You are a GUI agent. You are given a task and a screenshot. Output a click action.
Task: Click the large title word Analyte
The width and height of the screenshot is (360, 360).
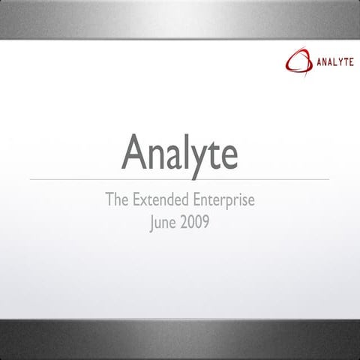(x=180, y=151)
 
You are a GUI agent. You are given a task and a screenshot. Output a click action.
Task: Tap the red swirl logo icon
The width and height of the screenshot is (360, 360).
(x=298, y=59)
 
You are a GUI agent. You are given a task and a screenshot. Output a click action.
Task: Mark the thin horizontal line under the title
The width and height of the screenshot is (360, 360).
(x=180, y=179)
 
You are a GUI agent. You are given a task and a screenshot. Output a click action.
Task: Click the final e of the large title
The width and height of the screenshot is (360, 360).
(x=229, y=154)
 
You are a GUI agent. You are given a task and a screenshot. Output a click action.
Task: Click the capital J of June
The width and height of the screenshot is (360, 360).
(x=152, y=223)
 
